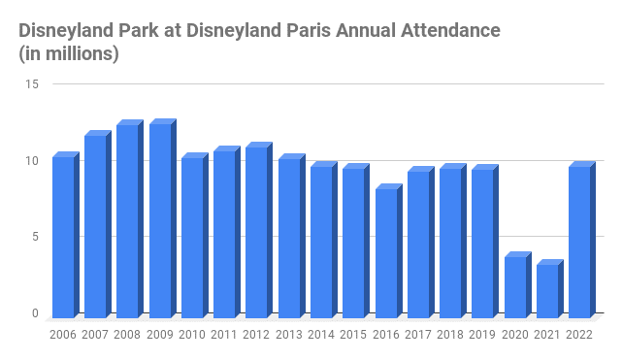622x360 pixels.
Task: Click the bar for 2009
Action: click(x=160, y=220)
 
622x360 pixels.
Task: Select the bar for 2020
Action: click(x=515, y=286)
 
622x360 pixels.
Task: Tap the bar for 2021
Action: click(x=547, y=290)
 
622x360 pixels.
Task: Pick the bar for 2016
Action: click(x=386, y=252)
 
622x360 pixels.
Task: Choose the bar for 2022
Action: click(x=579, y=242)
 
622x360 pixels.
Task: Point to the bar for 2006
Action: click(x=63, y=237)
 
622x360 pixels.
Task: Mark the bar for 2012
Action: click(x=257, y=232)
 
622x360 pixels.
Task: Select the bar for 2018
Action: click(x=450, y=243)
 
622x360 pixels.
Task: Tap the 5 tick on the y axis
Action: click(x=35, y=237)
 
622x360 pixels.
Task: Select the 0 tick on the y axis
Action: click(x=35, y=313)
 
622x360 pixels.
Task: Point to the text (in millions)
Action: click(x=69, y=54)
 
